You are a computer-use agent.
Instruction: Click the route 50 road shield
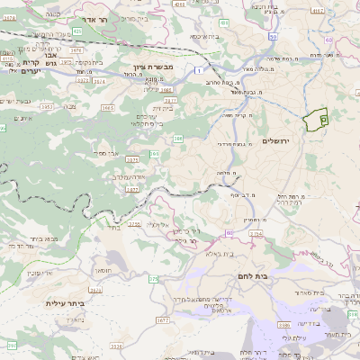[x=229, y=233]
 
